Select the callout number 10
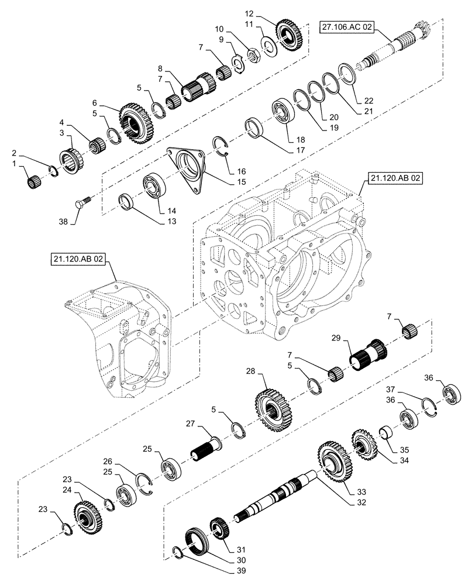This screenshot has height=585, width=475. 219,28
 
